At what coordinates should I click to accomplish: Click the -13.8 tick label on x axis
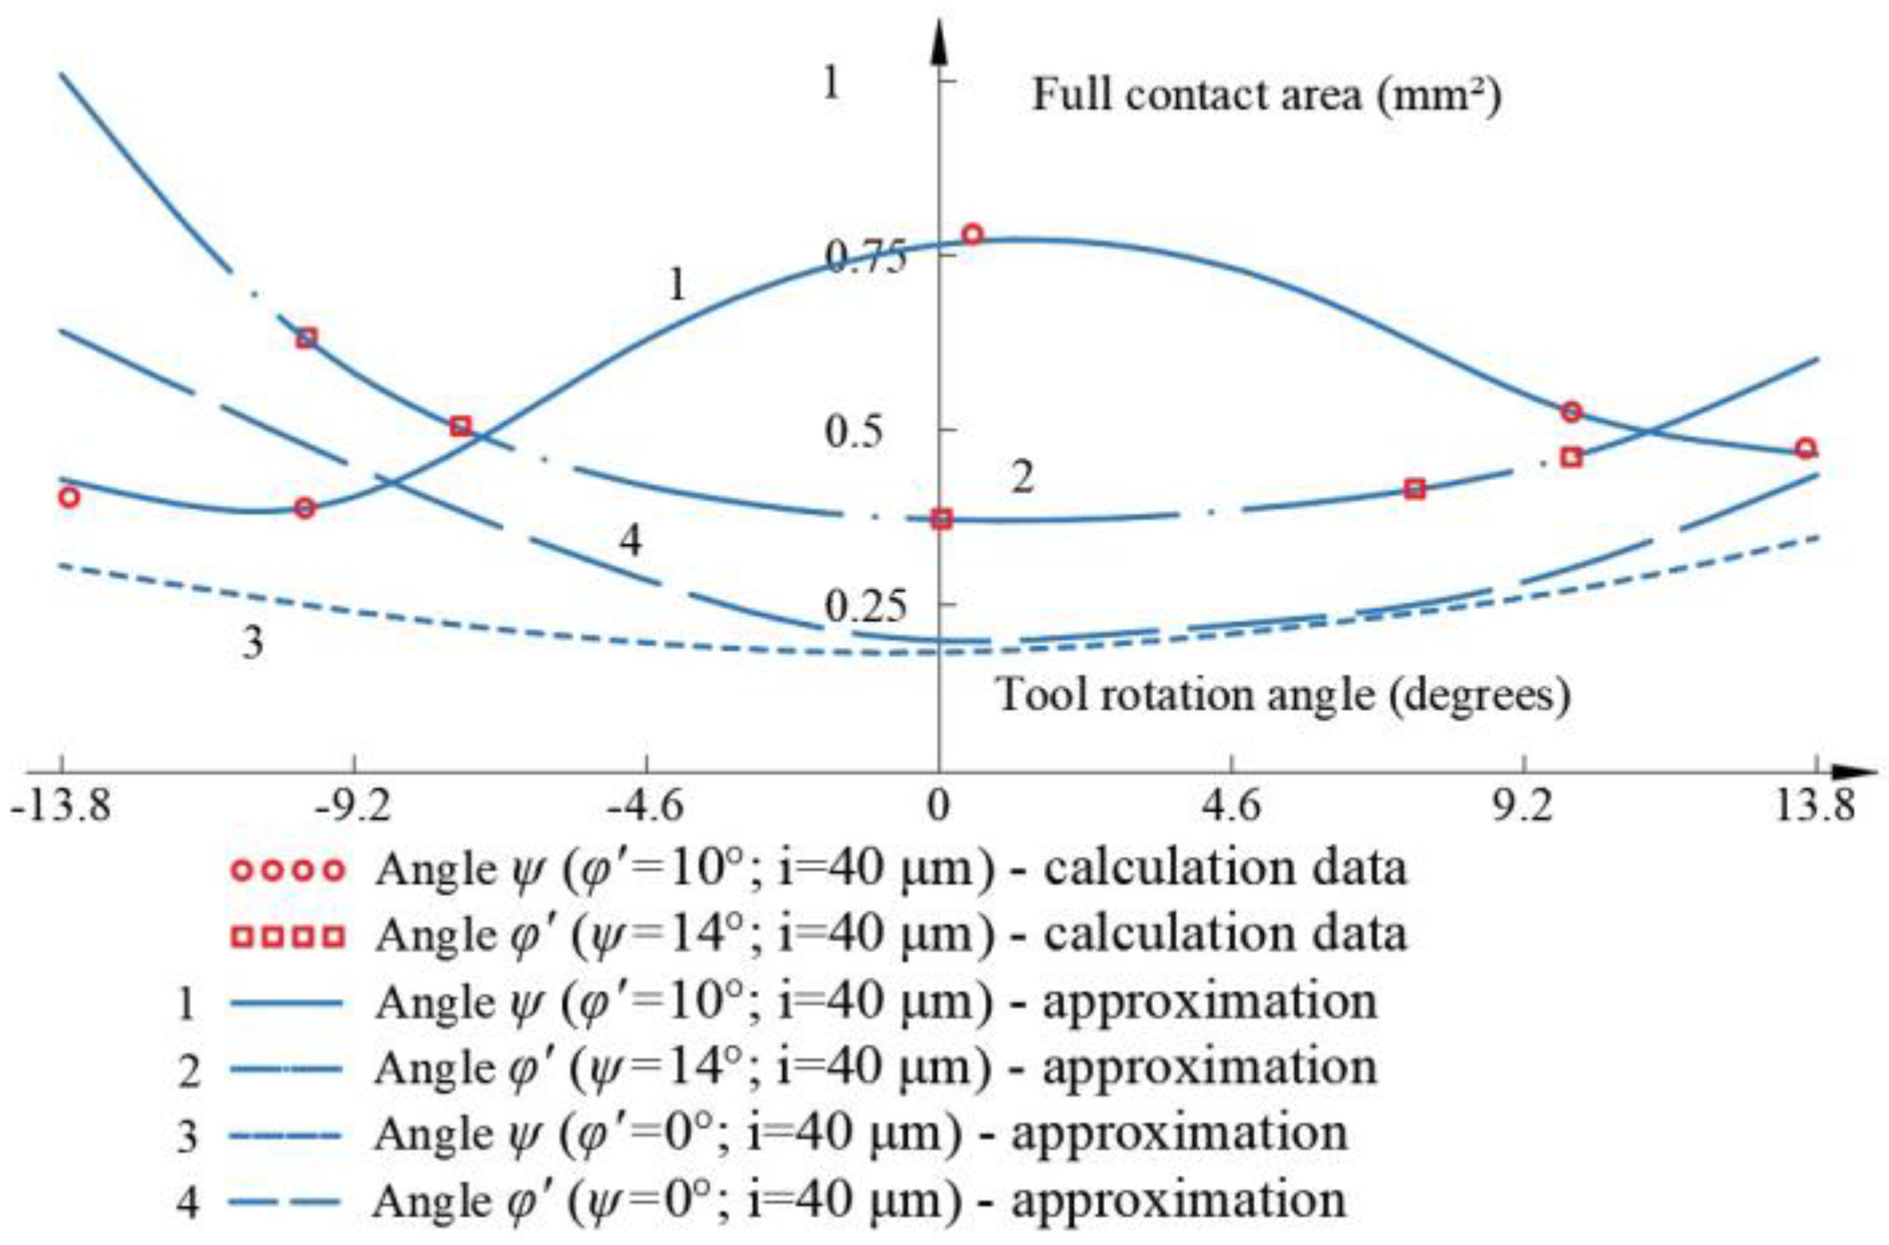tap(61, 806)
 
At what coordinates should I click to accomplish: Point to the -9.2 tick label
tap(354, 806)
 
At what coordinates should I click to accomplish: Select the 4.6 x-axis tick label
tap(1232, 806)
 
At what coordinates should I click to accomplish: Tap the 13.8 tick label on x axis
tap(1814, 806)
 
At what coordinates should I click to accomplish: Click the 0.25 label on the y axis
tap(852, 607)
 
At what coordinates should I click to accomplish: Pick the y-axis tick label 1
tap(832, 83)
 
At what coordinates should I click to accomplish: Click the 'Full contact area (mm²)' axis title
tap(1266, 95)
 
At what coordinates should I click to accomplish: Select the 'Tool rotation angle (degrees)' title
tap(1283, 695)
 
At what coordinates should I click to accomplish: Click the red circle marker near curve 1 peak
tap(973, 235)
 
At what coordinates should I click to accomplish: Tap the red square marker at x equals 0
tap(941, 519)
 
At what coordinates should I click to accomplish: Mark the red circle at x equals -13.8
tap(69, 497)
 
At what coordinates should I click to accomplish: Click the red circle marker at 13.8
tap(1806, 448)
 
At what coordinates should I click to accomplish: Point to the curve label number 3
tap(253, 642)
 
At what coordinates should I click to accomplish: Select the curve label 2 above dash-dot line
tap(1022, 478)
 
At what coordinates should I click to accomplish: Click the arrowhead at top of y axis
tap(939, 40)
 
